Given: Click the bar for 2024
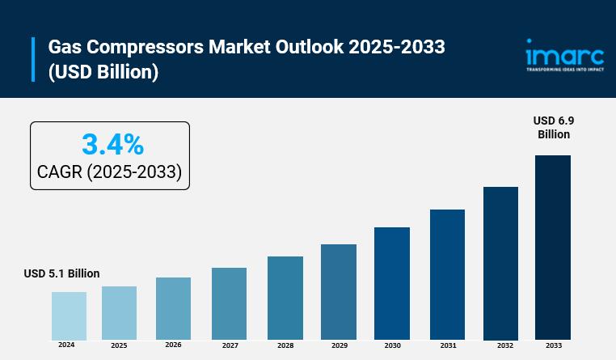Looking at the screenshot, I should (x=69, y=316).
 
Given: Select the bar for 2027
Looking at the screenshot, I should (x=229, y=303).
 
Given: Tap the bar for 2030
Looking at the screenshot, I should (x=392, y=283).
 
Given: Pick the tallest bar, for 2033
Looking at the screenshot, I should (x=553, y=247).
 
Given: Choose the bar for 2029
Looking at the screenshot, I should (x=339, y=291).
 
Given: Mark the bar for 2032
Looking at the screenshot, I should (x=500, y=263).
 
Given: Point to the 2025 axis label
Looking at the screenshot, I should (x=119, y=345).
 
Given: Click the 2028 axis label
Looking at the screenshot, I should (x=285, y=345).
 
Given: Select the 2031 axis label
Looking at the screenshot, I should (x=448, y=345).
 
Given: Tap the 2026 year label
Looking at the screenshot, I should (x=173, y=345).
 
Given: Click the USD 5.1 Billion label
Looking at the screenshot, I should (x=61, y=273).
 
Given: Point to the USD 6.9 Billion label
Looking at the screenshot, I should (x=554, y=127).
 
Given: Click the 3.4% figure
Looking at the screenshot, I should (x=112, y=145).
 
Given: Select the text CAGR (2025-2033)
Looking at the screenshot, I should (x=109, y=172).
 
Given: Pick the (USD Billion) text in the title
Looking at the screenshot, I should (x=103, y=72).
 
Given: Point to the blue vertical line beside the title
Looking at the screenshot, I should (x=34, y=59).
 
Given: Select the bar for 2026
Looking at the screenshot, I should (x=173, y=308).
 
